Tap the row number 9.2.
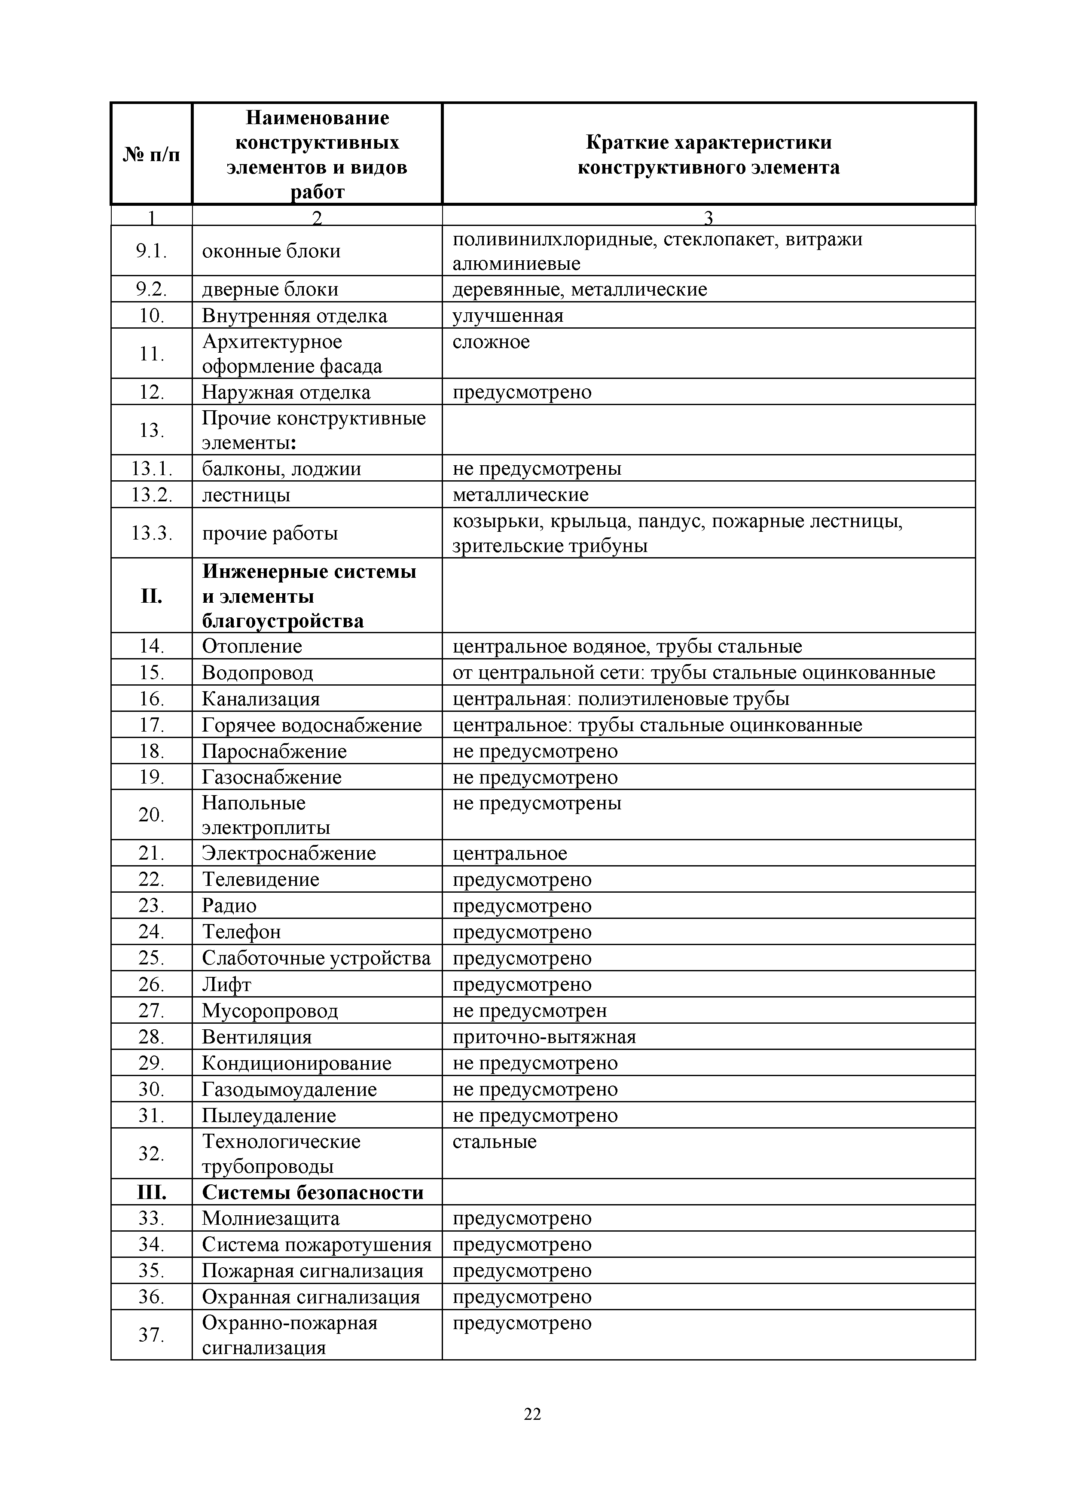coord(152,290)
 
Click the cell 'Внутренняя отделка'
coord(295,316)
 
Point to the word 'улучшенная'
coord(508,316)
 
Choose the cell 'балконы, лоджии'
coord(281,469)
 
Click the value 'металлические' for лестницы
coord(520,495)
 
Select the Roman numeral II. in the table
coord(152,596)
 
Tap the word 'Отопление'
coord(252,647)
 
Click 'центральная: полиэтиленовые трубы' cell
coord(621,699)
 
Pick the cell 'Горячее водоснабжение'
coord(312,725)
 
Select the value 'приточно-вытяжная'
coord(544,1037)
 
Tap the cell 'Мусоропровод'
coord(270,1011)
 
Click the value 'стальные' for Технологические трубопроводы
coord(494,1141)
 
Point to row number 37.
coord(152,1335)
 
